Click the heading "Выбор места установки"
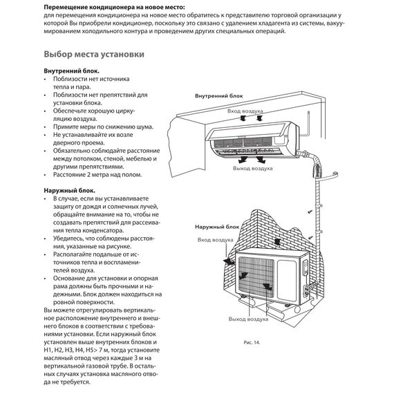[x=94, y=55]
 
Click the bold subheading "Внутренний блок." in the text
[x=72, y=71]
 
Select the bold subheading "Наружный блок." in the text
[x=70, y=191]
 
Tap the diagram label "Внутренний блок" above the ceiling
[x=219, y=96]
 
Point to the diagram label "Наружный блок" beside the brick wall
[x=217, y=227]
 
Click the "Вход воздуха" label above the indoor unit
[x=245, y=111]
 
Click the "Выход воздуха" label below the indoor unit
[x=252, y=168]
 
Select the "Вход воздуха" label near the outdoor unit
[x=216, y=240]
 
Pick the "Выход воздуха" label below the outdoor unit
[x=248, y=319]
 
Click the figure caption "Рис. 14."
[x=252, y=342]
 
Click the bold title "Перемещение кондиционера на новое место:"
[x=114, y=7]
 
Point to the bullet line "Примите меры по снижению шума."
[x=103, y=126]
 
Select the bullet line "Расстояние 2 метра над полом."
[x=97, y=175]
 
